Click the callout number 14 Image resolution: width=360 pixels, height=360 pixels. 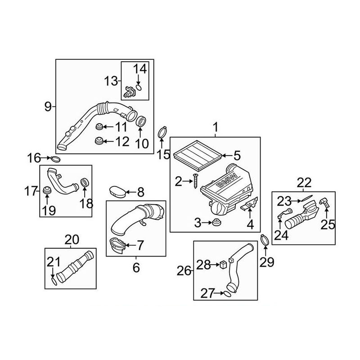tap(140, 69)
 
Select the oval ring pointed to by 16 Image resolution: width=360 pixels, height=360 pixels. tap(55, 158)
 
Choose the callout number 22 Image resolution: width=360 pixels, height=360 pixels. tap(304, 183)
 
